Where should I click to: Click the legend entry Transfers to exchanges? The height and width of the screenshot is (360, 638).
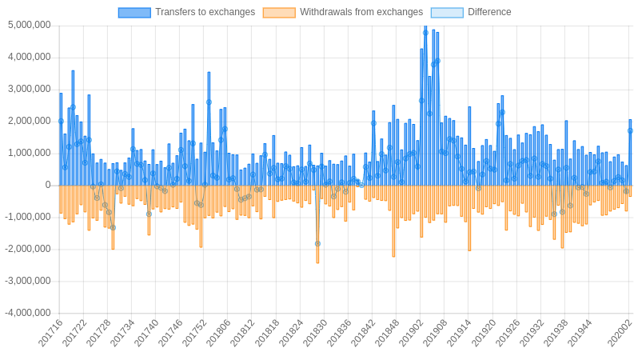(205, 12)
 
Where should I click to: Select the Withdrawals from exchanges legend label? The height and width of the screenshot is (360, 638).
(361, 12)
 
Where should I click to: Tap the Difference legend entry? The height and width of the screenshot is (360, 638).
(489, 12)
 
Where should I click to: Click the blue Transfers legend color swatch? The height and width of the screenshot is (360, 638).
(134, 12)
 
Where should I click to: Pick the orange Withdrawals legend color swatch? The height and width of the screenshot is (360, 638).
(279, 12)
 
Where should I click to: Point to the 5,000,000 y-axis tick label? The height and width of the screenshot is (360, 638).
(29, 26)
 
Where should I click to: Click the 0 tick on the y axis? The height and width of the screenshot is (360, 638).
(48, 185)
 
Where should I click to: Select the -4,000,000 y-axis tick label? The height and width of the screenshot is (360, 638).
(27, 313)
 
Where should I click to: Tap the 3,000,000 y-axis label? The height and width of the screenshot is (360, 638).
(29, 90)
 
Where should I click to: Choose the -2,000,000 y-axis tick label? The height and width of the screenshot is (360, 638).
(27, 249)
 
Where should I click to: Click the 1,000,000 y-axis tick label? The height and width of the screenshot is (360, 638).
(29, 153)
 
